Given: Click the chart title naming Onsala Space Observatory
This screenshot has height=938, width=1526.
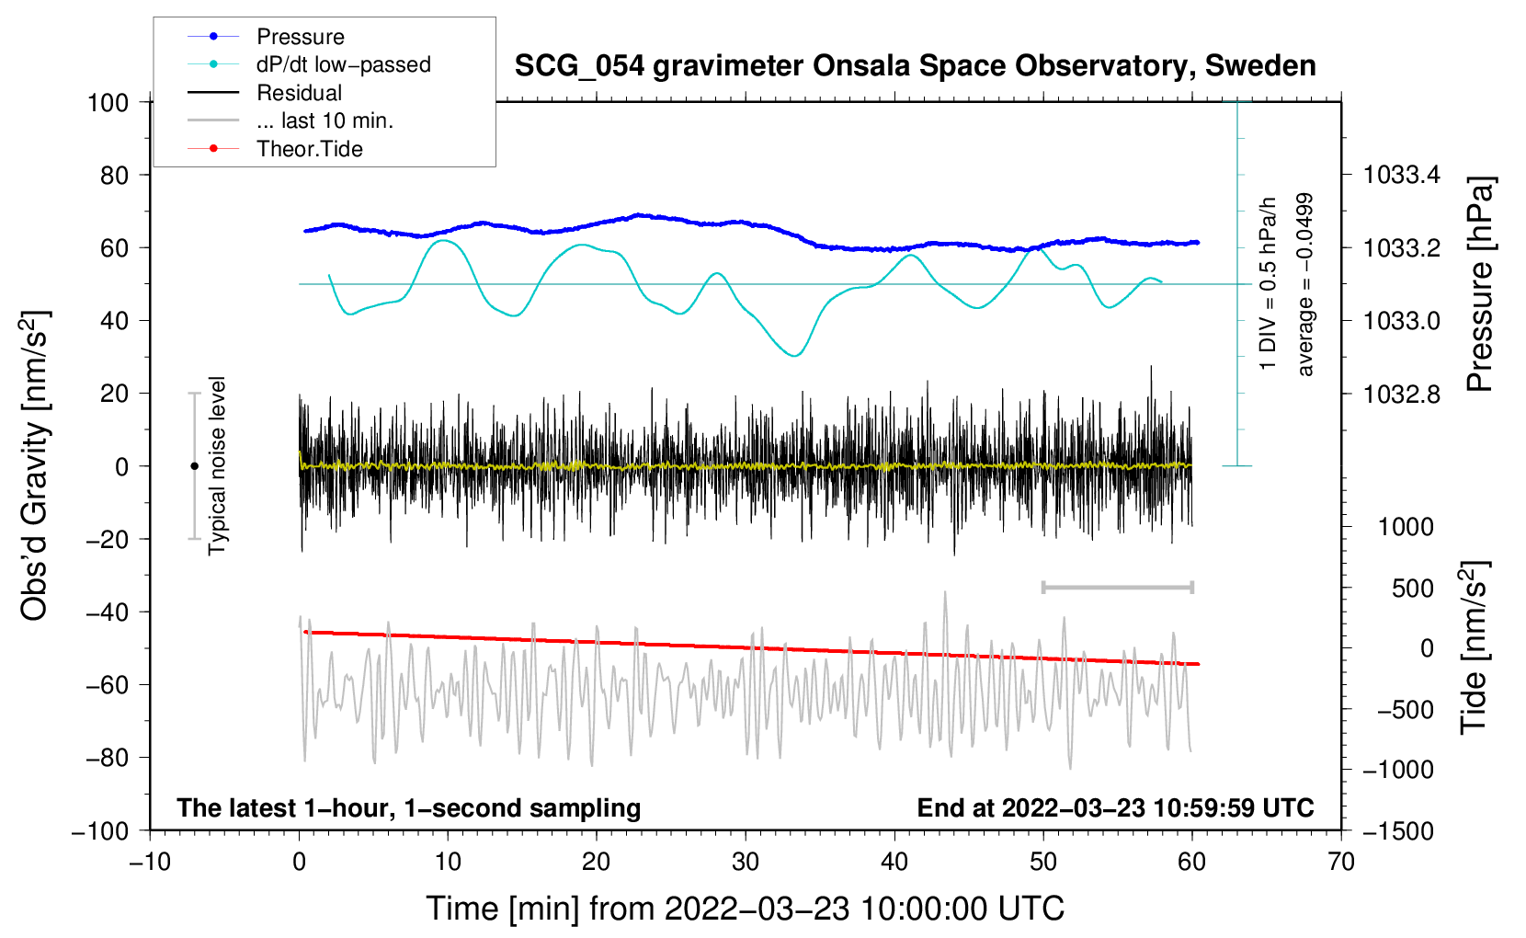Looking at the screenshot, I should tap(915, 66).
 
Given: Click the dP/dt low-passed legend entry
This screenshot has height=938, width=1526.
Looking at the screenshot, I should tap(343, 65).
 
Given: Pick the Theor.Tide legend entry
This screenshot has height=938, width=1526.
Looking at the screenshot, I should tap(309, 149).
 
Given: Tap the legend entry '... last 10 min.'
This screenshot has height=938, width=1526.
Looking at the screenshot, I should tap(325, 120).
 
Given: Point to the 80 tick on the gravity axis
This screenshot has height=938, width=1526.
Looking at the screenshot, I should tap(115, 175).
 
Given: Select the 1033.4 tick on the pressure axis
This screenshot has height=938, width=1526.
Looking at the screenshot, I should tap(1401, 175).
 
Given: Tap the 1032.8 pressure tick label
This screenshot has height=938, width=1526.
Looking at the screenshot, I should tap(1401, 395).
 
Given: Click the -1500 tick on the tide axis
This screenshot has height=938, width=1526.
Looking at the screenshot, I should tap(1398, 830).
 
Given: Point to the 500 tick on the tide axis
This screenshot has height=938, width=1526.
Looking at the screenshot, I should tap(1413, 589).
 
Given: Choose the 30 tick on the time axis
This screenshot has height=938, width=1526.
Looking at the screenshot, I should tap(746, 862).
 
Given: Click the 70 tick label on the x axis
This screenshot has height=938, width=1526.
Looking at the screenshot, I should tap(1341, 862).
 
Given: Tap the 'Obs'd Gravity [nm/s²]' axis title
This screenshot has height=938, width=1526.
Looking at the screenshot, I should tap(34, 466).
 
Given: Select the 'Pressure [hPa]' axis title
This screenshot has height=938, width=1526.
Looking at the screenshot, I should tap(1479, 285).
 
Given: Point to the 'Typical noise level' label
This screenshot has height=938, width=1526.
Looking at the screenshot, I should tap(217, 465).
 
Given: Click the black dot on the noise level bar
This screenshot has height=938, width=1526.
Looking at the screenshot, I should tap(194, 466).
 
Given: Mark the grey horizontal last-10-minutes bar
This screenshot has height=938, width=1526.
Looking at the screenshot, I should tap(1117, 587).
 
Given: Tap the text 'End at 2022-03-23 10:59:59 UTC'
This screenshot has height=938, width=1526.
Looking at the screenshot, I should tap(1115, 808).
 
